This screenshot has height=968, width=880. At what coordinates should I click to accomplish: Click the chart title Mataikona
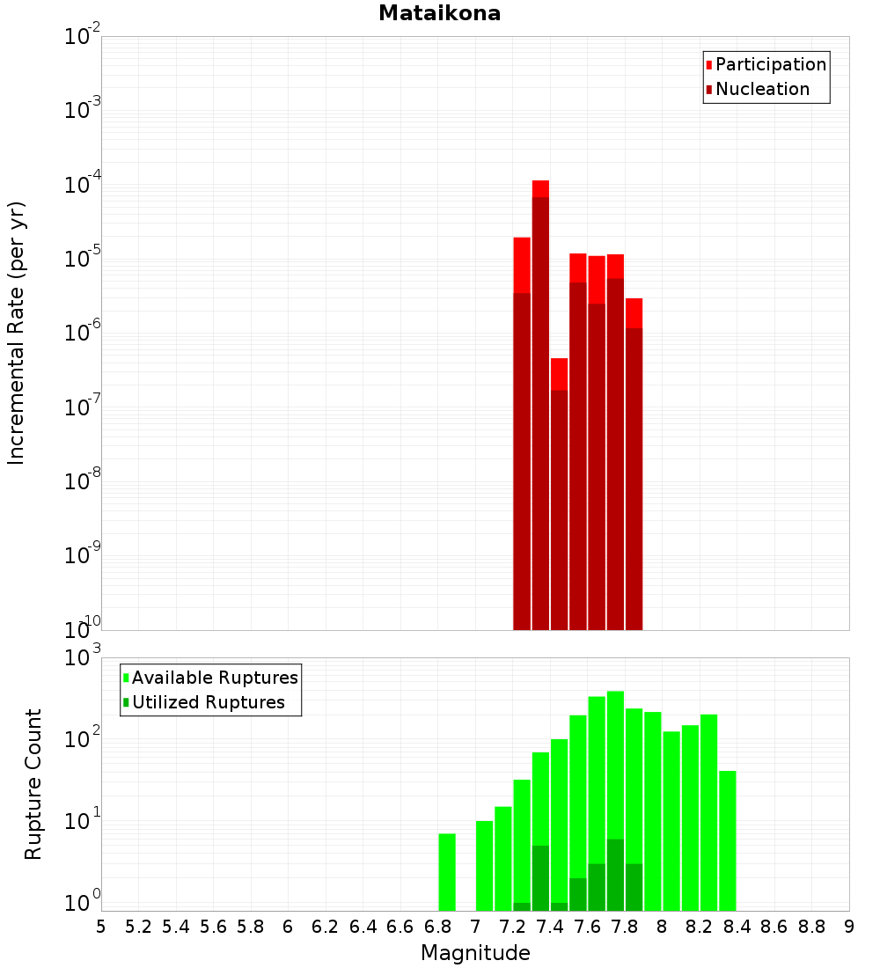(x=439, y=13)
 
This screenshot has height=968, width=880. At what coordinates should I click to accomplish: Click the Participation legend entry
(x=770, y=64)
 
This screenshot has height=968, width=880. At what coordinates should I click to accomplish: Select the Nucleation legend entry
(x=762, y=89)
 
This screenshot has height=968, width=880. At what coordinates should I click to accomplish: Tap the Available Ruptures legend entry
(x=214, y=678)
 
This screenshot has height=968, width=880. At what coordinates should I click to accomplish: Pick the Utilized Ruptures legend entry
(x=208, y=702)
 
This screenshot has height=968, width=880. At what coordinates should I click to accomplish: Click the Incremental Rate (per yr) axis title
(x=16, y=333)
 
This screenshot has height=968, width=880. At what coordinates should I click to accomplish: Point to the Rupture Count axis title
(x=33, y=784)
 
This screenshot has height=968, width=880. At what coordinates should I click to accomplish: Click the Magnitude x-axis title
(x=475, y=953)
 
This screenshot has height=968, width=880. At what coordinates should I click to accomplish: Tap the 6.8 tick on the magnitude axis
(x=437, y=927)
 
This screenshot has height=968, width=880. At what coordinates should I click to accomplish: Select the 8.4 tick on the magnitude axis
(x=737, y=927)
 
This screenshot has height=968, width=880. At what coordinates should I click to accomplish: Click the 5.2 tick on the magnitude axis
(x=138, y=927)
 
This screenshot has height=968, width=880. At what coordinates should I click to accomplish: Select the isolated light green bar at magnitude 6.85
(x=447, y=871)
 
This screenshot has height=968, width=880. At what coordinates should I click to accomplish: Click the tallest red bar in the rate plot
(x=540, y=405)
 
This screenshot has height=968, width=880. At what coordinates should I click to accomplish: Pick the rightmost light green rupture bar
(x=727, y=840)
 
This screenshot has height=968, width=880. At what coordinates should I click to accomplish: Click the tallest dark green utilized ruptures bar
(x=615, y=875)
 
